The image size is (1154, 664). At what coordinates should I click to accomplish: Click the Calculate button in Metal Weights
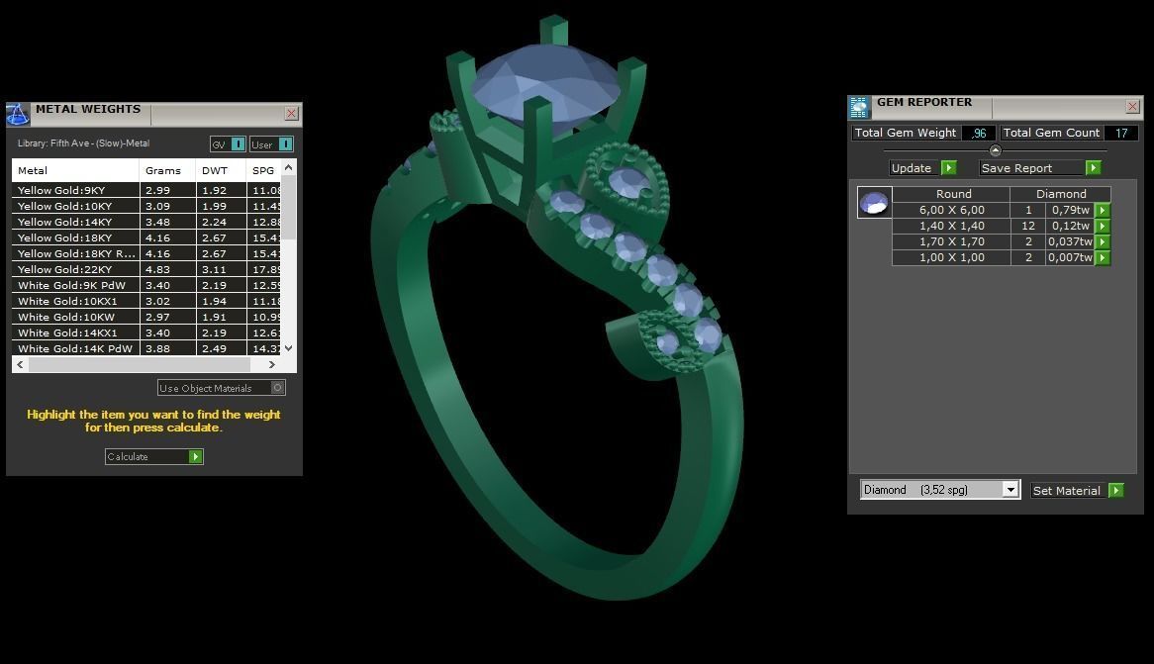[x=153, y=456]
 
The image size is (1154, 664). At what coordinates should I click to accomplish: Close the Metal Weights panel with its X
[x=291, y=114]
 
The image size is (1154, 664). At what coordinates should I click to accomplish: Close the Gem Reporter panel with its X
[x=1132, y=106]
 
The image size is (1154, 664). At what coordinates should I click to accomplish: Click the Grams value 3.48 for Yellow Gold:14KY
[x=157, y=222]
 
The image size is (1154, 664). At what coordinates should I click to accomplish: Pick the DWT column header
[x=215, y=170]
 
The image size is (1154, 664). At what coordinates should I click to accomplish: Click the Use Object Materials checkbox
[x=278, y=388]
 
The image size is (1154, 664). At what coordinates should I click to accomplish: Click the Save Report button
[x=1039, y=168]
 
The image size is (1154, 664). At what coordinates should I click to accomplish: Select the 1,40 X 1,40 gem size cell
[x=951, y=226]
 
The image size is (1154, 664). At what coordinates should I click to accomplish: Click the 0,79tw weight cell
[x=1070, y=210]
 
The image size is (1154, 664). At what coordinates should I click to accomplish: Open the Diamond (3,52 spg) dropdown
[x=1010, y=490]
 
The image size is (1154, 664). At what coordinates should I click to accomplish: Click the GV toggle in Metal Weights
[x=228, y=144]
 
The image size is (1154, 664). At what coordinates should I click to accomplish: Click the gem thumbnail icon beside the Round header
[x=874, y=203]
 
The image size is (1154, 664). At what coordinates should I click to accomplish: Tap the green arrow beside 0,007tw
[x=1103, y=257]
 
